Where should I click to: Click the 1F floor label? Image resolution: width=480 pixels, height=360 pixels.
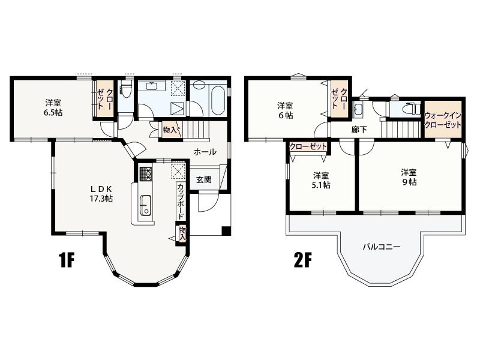67,260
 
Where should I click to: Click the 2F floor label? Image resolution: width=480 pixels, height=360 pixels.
302,260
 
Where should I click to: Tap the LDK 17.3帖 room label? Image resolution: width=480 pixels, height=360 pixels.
101,193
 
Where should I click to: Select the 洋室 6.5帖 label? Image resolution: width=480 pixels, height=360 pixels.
53,107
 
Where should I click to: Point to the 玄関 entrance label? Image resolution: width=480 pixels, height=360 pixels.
203,179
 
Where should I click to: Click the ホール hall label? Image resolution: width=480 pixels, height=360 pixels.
205,152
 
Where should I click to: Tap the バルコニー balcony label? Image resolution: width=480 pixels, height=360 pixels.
382,247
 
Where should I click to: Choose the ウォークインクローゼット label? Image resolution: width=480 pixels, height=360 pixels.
443,121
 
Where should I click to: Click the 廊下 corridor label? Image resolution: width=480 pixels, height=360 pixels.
359,130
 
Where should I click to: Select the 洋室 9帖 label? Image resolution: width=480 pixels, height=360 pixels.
409,177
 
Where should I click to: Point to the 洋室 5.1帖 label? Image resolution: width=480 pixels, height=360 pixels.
321,180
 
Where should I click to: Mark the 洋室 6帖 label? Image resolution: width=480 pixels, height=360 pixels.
285,110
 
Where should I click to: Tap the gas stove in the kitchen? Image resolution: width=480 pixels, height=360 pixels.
146,174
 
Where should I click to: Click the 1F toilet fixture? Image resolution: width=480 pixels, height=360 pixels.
125,88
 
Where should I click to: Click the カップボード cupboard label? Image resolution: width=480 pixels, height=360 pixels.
181,201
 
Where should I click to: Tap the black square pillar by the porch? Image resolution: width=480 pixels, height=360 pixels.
226,230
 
